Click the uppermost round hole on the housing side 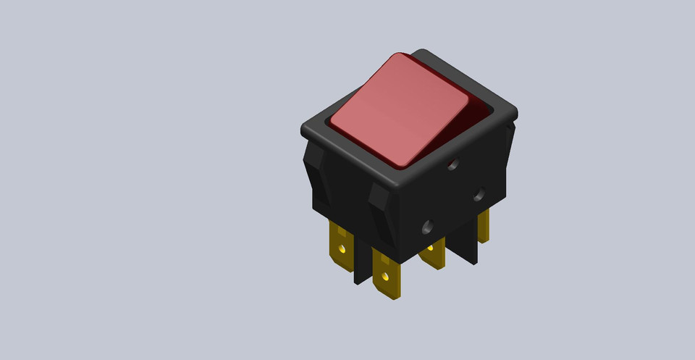tap(453, 164)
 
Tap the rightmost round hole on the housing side tap(479, 194)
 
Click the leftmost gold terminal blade tap(341, 245)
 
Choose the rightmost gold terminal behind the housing tap(483, 225)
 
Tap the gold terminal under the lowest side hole tap(433, 254)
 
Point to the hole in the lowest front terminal tap(387, 276)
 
